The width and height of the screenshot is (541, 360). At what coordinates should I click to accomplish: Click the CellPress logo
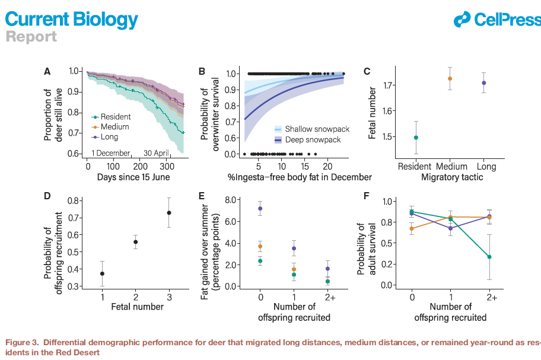pos(497,20)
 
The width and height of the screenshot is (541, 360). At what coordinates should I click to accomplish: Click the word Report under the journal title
pos(31,37)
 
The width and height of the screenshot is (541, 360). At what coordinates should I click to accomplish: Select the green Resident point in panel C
pos(416,138)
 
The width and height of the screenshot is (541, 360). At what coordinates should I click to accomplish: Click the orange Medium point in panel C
pos(450,78)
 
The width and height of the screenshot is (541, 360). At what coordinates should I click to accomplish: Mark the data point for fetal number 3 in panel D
pos(169,213)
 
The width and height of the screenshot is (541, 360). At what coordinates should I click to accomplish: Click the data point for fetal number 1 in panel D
pos(103,273)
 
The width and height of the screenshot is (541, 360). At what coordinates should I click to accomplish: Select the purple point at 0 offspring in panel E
pos(260,209)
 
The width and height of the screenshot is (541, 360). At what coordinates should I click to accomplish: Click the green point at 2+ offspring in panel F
pos(489,257)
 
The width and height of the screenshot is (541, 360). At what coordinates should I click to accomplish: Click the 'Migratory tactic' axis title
pos(450,177)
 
